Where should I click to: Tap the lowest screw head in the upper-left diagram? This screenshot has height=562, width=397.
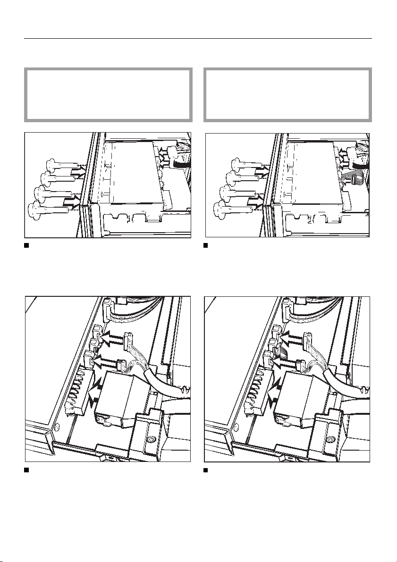point(34,208)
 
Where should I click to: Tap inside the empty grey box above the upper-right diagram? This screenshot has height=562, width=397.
point(287,95)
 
